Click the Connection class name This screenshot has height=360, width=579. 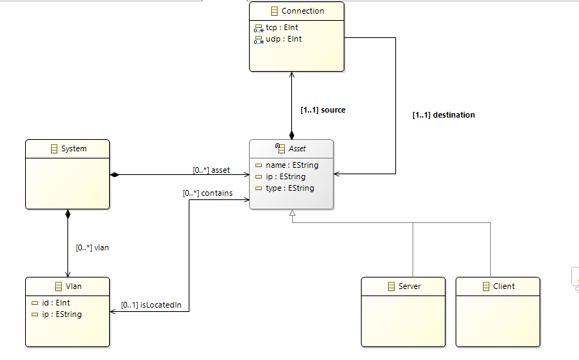click(302, 11)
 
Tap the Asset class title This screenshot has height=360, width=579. click(296, 148)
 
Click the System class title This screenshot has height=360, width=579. click(73, 148)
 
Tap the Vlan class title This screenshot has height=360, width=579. click(73, 286)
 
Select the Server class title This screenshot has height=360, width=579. click(409, 286)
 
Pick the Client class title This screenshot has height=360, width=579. click(504, 286)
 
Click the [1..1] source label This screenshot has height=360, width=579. click(323, 110)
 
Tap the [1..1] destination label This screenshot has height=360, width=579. click(443, 115)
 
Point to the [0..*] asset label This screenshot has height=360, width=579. click(211, 170)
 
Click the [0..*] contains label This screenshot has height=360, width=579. click(207, 193)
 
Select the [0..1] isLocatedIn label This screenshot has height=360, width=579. click(151, 305)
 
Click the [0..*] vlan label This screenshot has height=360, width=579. click(92, 247)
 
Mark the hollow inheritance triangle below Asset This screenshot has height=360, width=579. click(291, 214)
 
